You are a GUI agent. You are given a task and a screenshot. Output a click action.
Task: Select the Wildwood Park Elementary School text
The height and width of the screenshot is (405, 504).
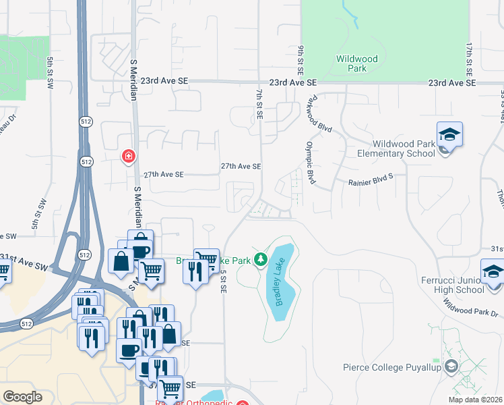[404, 148]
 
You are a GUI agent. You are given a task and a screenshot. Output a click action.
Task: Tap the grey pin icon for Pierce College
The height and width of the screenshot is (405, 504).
[451, 367]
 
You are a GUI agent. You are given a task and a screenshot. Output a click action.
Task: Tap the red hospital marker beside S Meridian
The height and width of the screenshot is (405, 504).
[128, 157]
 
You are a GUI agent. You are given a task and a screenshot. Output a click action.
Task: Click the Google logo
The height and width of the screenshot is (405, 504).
[22, 397]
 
